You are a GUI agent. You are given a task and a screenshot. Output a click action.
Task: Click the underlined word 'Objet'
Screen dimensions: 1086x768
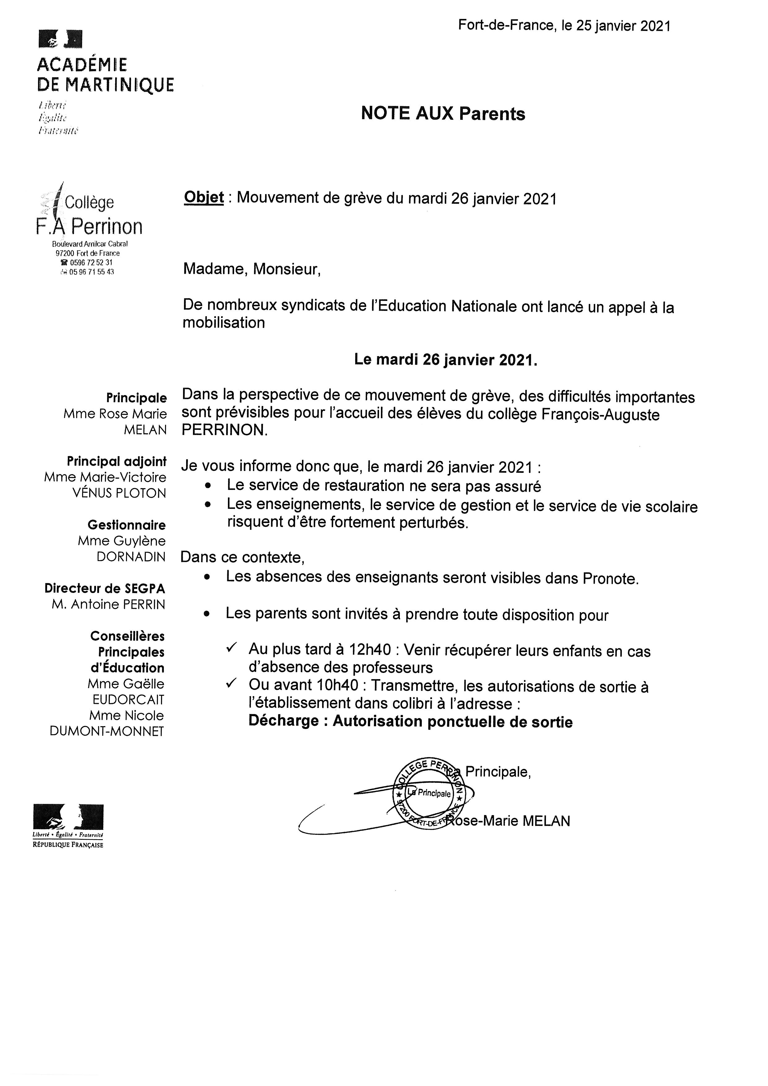[203, 197]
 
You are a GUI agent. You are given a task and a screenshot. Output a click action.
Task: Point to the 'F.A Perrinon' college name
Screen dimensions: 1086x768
[89, 227]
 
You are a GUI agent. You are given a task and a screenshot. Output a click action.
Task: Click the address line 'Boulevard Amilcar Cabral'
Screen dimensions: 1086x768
[90, 244]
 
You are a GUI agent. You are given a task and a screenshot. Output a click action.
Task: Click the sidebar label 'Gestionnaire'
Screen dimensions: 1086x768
[126, 525]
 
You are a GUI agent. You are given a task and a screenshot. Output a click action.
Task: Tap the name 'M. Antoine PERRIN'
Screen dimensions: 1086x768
[108, 604]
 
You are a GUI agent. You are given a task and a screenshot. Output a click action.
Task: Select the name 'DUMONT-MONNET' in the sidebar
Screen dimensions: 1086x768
[107, 732]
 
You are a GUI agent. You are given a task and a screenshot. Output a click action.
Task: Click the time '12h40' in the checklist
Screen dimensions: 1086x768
[370, 650]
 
